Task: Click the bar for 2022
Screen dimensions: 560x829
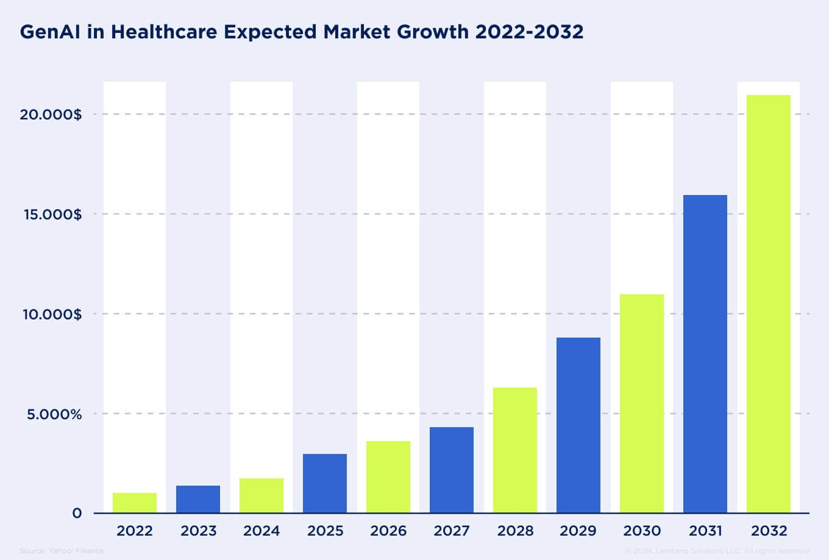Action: pos(135,503)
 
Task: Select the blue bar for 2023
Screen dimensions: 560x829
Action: pos(198,499)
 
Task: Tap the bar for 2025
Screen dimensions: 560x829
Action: pos(325,483)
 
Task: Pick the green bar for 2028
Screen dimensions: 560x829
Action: pos(515,450)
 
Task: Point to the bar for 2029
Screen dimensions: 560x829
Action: pos(578,425)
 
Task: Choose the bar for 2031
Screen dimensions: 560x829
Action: pos(705,354)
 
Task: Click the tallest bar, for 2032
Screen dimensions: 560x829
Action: pos(769,304)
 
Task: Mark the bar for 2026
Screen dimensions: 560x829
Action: pos(388,477)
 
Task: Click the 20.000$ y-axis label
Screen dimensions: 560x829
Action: pos(51,115)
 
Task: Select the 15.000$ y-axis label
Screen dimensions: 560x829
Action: pos(51,214)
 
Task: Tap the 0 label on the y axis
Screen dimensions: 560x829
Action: pos(77,514)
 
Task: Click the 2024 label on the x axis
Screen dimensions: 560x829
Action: pos(262,531)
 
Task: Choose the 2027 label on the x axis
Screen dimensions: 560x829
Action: pos(452,531)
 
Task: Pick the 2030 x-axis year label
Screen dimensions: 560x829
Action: pos(642,531)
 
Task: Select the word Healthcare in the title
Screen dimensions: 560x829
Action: pos(160,32)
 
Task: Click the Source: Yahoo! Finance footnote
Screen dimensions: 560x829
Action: pos(62,551)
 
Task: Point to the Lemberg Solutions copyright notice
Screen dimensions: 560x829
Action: pos(717,551)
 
